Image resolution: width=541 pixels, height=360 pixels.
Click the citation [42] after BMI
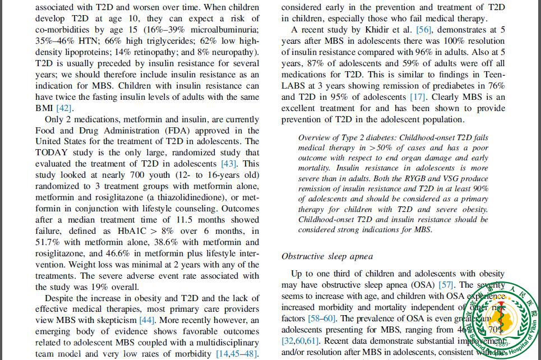point(64,108)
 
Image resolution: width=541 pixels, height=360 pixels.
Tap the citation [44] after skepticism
point(146,320)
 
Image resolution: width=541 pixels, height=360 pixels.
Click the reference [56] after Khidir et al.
point(423,29)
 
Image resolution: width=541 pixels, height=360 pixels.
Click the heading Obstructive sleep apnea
point(327,256)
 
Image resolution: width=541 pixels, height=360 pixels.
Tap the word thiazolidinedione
point(207,197)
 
